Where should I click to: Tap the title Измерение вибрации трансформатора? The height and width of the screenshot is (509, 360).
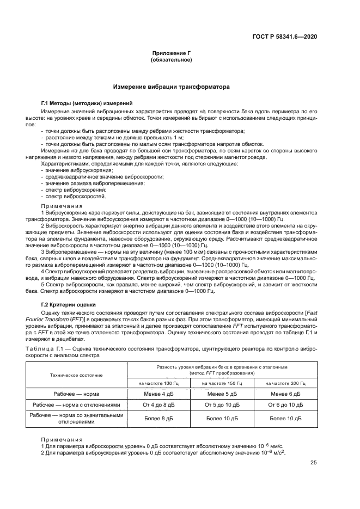pyautogui.click(x=171, y=87)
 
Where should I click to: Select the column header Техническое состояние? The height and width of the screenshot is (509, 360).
pyautogui.click(x=76, y=375)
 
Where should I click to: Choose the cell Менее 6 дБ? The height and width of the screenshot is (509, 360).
pyautogui.click(x=286, y=394)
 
